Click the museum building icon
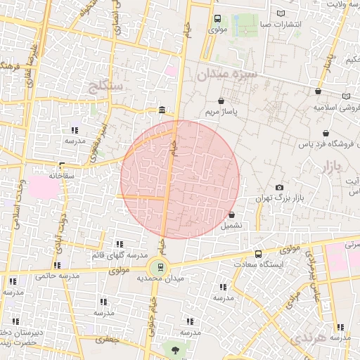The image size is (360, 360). tap(162, 110)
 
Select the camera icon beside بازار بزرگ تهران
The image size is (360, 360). tap(280, 187)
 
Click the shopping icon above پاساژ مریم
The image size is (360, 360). tap(223, 101)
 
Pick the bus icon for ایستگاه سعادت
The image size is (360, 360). tap(258, 254)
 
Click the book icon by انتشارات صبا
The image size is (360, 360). tap(281, 13)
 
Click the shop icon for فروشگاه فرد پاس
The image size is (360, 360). tap(325, 133)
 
